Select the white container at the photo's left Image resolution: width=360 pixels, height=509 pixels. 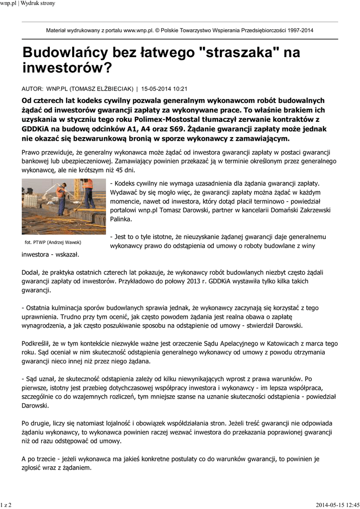(31, 200)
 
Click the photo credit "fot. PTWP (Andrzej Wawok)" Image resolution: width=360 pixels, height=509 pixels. (53, 242)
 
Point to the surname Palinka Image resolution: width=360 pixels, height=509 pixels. (121, 219)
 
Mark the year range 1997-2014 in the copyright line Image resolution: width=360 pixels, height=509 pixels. (297, 30)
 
